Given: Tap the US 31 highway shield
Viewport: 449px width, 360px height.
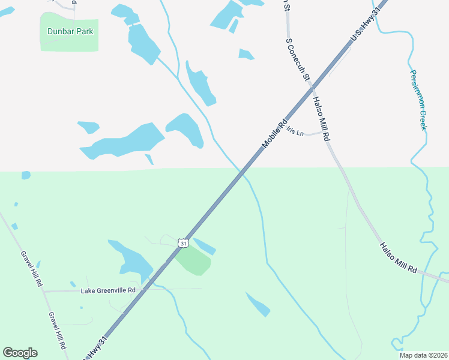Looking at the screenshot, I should click(x=184, y=242).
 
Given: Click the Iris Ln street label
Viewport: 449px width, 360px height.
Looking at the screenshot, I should click(x=295, y=131).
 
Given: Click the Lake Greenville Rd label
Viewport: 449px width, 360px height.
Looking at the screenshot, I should click(x=109, y=290).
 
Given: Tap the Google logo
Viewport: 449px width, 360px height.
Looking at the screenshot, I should click(x=20, y=353).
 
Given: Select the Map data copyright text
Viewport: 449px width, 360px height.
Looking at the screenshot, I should click(x=423, y=355).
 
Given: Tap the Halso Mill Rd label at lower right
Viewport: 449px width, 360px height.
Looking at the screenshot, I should click(x=397, y=258).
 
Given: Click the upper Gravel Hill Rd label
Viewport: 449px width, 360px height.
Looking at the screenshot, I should click(x=32, y=268).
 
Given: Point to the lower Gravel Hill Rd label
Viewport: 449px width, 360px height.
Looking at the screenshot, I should click(x=56, y=331).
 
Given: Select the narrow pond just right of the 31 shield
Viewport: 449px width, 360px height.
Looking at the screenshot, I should click(x=204, y=246).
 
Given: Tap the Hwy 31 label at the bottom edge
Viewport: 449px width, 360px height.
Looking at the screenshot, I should click(x=96, y=349).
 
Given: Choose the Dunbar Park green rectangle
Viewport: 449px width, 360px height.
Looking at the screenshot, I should click(x=68, y=42).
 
